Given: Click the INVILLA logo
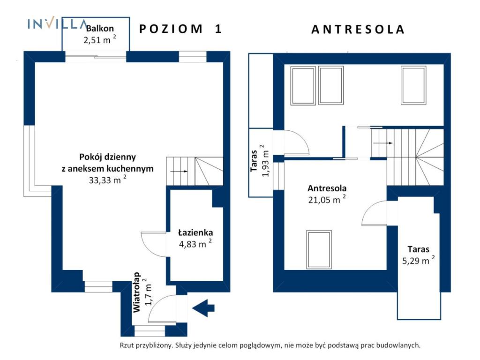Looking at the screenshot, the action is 57,23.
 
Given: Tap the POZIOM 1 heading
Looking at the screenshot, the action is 180,29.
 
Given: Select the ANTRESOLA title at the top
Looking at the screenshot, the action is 358,30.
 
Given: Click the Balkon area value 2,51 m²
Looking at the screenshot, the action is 100,40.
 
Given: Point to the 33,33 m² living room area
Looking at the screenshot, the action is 107,180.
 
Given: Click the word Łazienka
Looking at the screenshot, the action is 195,232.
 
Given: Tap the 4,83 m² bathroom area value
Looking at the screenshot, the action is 195,244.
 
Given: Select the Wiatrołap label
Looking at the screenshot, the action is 136,292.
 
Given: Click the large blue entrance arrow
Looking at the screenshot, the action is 203,307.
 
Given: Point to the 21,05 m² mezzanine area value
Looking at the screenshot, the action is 327,200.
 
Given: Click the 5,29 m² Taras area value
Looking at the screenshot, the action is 419,261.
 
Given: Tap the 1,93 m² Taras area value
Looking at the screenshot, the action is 265,161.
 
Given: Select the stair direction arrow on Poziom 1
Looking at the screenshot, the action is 179,172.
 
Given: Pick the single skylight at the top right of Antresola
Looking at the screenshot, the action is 413,86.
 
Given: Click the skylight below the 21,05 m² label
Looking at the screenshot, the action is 319,249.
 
